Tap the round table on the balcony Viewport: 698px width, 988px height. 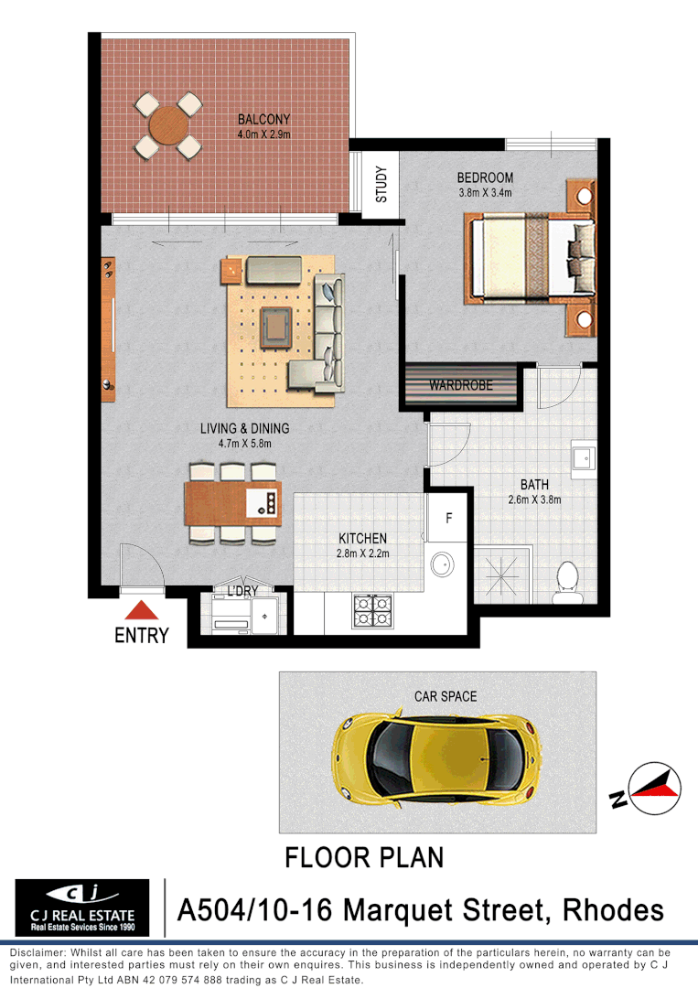click(167, 125)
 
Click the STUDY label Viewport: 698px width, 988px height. click(381, 184)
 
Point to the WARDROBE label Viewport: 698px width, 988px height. click(461, 386)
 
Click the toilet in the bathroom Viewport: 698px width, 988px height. click(568, 581)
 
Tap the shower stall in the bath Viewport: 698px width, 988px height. click(503, 575)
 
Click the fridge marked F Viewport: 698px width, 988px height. click(448, 519)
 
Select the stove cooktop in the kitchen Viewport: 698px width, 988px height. click(372, 610)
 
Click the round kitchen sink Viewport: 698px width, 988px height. click(443, 564)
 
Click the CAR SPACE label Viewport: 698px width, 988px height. click(445, 697)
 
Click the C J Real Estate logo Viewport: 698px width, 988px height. click(82, 907)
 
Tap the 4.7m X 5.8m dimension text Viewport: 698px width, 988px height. click(245, 444)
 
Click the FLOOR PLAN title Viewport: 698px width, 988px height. click(364, 858)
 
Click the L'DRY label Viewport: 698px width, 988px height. click(242, 592)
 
